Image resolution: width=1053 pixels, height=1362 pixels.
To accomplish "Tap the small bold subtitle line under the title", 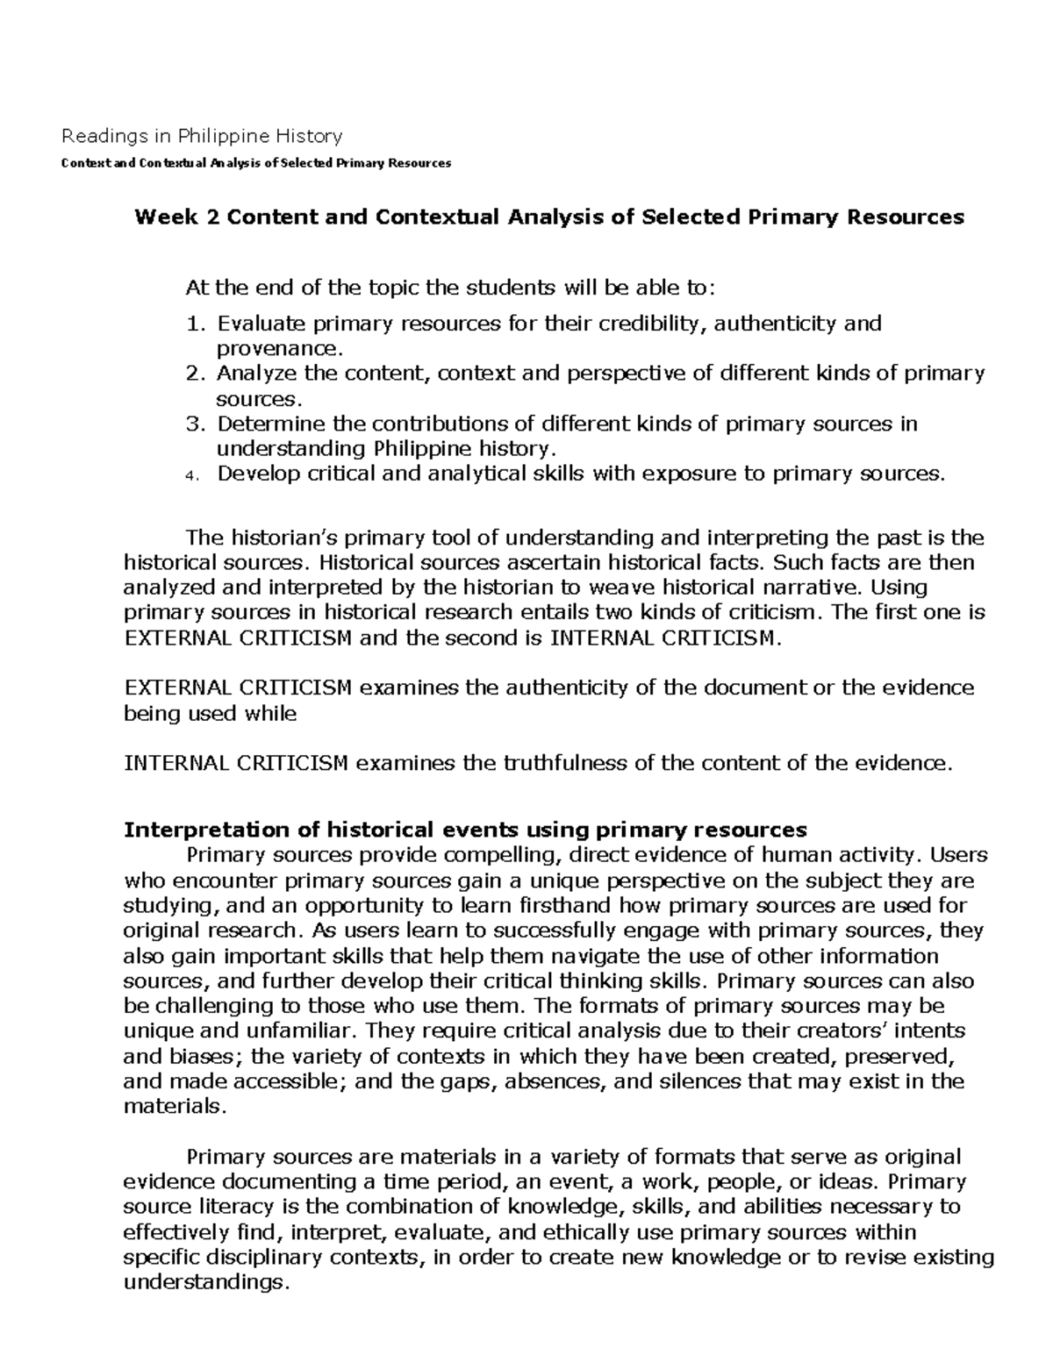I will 254,163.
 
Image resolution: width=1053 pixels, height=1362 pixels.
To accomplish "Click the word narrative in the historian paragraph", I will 842,587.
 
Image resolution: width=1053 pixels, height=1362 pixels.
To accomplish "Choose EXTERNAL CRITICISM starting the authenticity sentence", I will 239,688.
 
